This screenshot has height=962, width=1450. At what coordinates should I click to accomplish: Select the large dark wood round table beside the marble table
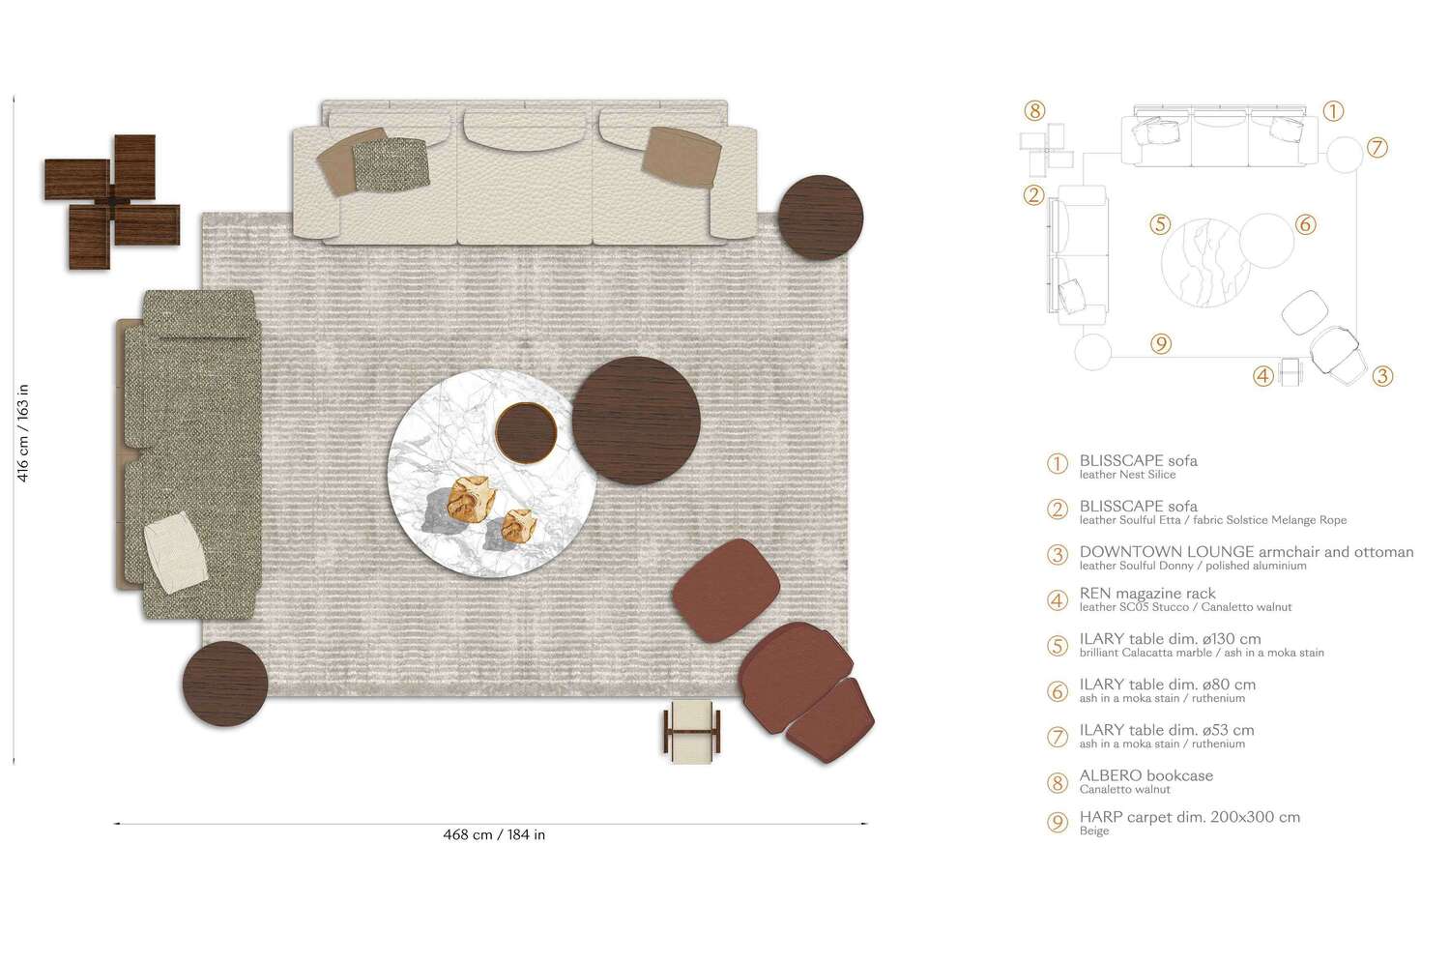pos(635,421)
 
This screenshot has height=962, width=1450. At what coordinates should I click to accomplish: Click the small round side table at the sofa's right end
pos(821,218)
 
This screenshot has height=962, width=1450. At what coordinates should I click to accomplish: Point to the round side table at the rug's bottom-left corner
pos(225,684)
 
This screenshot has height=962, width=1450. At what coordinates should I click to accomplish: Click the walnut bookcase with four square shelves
pos(112,202)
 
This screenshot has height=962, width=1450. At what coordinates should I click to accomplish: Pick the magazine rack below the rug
pos(693,732)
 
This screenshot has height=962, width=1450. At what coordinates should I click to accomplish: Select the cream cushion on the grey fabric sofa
pos(175,553)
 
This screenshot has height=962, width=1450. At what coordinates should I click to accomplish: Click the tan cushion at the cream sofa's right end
pos(682,155)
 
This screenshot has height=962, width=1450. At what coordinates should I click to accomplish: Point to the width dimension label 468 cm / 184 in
pos(494,835)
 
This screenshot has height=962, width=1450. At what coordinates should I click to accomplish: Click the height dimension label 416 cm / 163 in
pos(23,432)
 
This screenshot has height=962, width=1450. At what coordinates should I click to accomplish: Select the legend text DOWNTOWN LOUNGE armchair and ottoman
pos(1246,552)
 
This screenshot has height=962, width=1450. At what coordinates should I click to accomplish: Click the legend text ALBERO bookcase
pos(1145,775)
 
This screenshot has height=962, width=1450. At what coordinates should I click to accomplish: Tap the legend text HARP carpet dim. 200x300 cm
pos(1189,817)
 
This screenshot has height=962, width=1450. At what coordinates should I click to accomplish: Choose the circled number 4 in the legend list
pos(1058,600)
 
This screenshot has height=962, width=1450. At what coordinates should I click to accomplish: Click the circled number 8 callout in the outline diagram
pos(1035,111)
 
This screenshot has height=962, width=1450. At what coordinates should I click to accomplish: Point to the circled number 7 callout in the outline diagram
pos(1377,148)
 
